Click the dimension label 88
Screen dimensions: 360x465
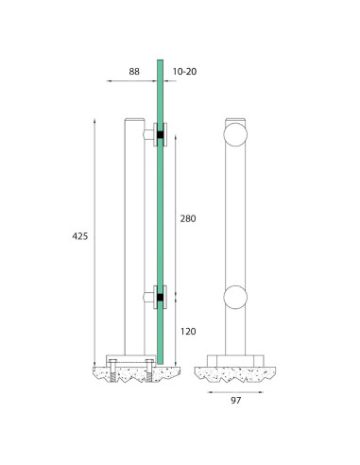(134, 72)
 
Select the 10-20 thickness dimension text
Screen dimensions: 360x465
(184, 72)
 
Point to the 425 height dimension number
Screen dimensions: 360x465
(80, 236)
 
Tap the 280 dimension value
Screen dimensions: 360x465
(188, 218)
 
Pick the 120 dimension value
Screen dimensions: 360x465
(188, 332)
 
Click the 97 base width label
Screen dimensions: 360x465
(236, 401)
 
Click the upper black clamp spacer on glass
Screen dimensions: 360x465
(161, 135)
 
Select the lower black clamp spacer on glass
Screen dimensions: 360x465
(161, 298)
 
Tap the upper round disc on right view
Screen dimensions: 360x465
(235, 134)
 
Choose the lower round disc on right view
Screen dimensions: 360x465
(235, 298)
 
